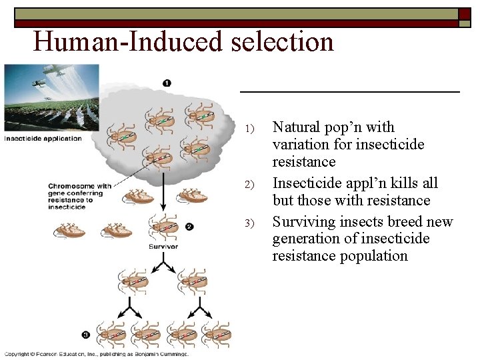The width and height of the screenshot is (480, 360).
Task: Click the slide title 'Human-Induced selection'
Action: (183, 41)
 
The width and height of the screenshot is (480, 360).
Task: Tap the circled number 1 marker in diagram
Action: (166, 83)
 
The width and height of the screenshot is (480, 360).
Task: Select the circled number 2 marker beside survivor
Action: (189, 227)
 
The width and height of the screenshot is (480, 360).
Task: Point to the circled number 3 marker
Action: (86, 334)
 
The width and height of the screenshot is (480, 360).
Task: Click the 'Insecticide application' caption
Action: (43, 139)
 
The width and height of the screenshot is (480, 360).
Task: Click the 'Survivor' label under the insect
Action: (163, 246)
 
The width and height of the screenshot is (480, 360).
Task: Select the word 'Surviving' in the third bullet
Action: (304, 221)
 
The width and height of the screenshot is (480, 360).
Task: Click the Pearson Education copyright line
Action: (97, 354)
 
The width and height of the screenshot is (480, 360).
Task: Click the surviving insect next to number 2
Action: (163, 226)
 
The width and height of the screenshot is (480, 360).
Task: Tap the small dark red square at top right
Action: (464, 13)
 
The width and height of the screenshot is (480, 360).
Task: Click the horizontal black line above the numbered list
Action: (349, 91)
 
